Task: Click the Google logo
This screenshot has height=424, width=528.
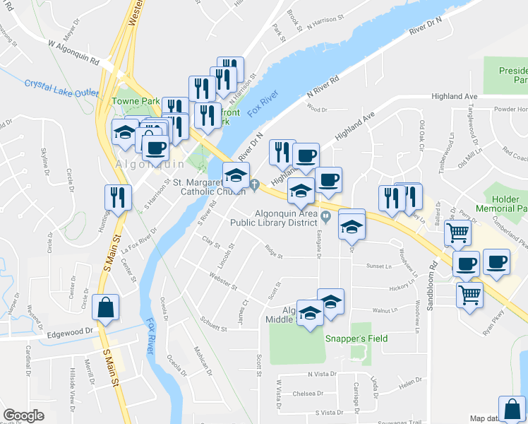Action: coord(23,416)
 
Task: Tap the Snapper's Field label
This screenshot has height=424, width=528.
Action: coord(356,338)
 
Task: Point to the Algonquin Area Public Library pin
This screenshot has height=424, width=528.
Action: coord(325,216)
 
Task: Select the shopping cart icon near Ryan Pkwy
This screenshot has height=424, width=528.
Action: coord(469,295)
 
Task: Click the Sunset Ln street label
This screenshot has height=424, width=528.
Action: coord(378,266)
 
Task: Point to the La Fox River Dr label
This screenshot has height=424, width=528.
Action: coord(138,245)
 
